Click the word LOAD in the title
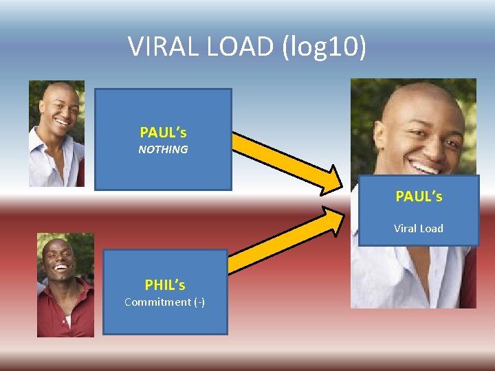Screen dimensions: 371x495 [234, 47]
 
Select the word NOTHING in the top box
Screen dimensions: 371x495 [163, 149]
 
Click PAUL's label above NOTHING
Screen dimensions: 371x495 [163, 132]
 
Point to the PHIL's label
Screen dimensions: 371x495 [165, 284]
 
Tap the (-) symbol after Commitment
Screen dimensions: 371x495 [199, 302]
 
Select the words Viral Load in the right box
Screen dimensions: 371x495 [419, 228]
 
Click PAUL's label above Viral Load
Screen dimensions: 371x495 [419, 196]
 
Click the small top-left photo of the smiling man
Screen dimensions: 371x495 [56, 133]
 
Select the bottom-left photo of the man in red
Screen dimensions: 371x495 [65, 284]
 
